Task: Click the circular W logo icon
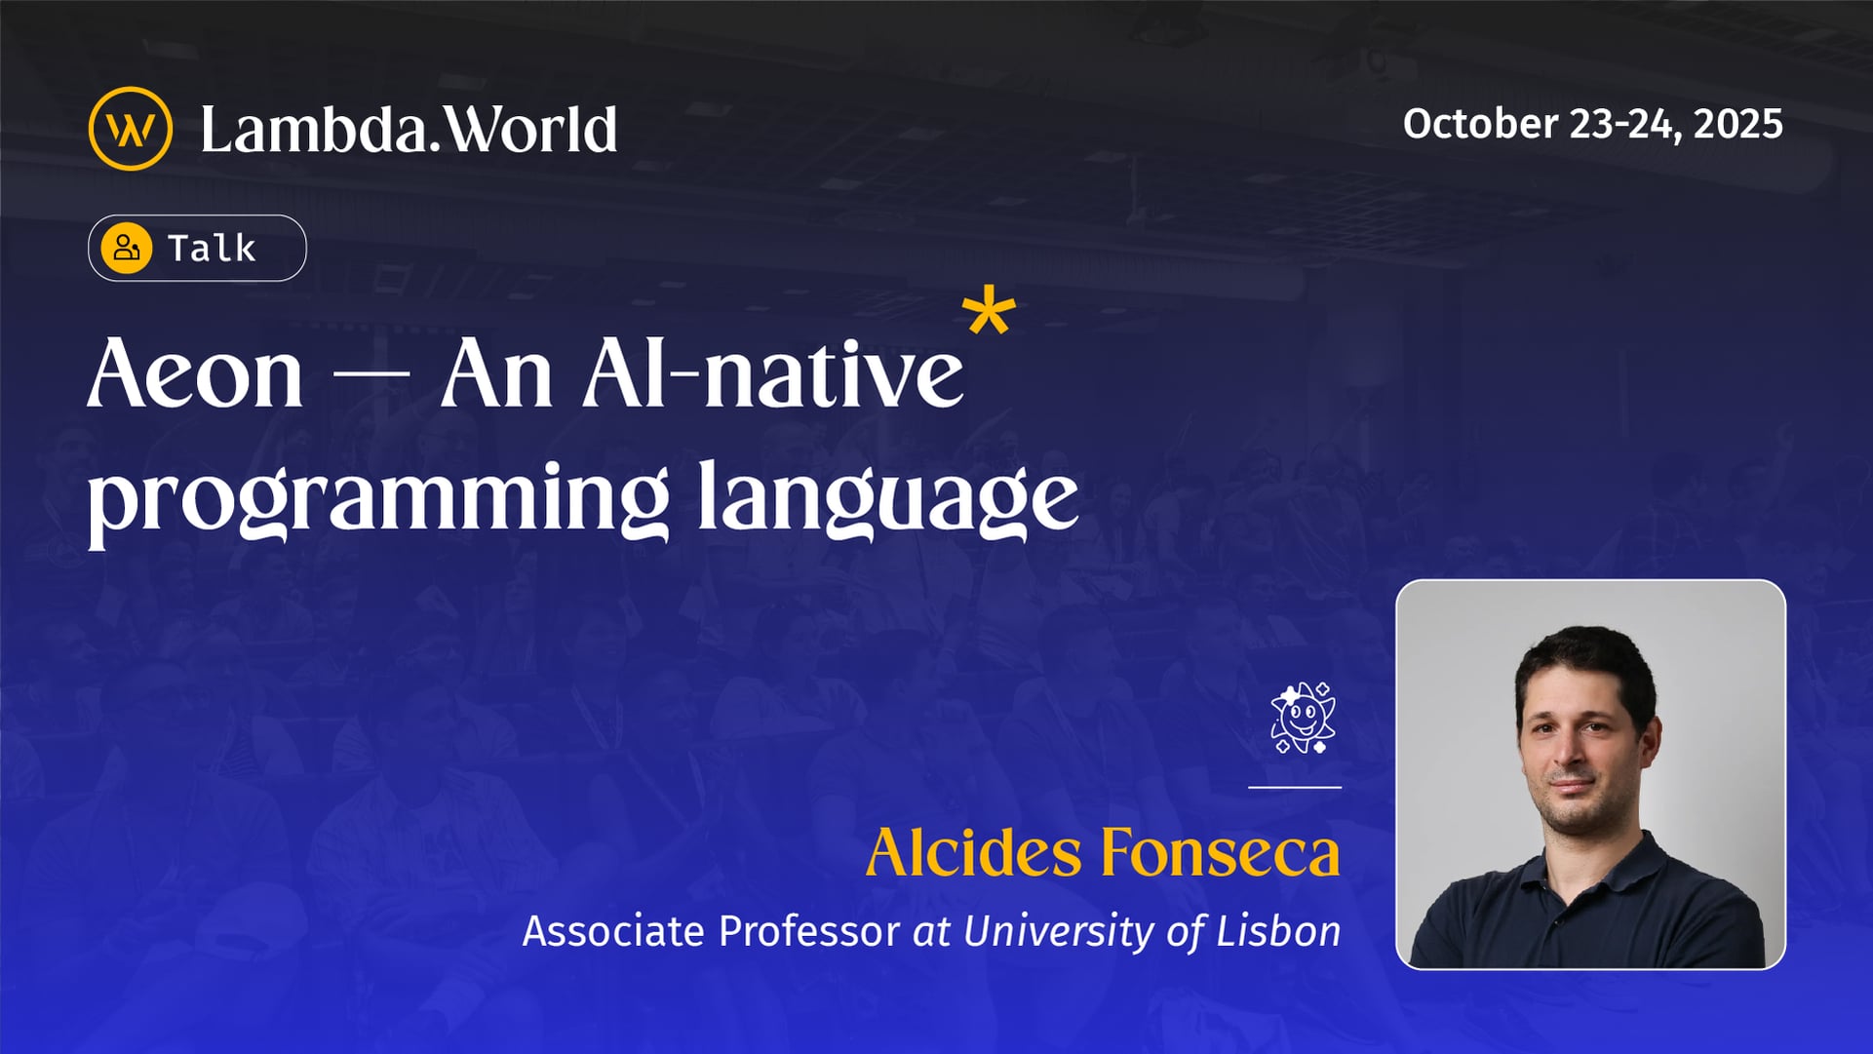tap(130, 129)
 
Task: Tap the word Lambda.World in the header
tap(409, 130)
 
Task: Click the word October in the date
tap(1480, 124)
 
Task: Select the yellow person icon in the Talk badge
tap(127, 248)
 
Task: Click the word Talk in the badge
tap(212, 249)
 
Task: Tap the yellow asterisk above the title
tap(989, 312)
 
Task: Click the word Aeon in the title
tap(195, 374)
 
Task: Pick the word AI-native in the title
tap(772, 374)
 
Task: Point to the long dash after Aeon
tap(371, 375)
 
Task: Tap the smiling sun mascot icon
tap(1303, 719)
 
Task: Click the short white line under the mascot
tap(1295, 787)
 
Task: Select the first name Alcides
tap(973, 853)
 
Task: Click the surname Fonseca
tap(1221, 853)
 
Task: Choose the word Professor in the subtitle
tap(808, 931)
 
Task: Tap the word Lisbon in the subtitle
tap(1278, 931)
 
